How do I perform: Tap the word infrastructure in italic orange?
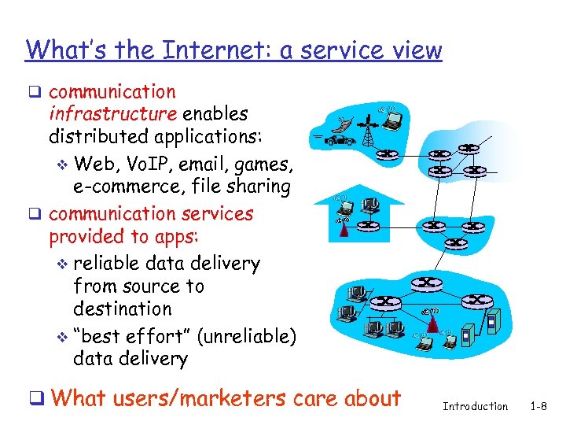pyautogui.click(x=113, y=113)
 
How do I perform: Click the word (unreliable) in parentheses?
pyautogui.click(x=246, y=337)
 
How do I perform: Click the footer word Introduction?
pyautogui.click(x=476, y=406)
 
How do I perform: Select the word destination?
pyautogui.click(x=122, y=309)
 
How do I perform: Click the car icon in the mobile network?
pyautogui.click(x=344, y=140)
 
